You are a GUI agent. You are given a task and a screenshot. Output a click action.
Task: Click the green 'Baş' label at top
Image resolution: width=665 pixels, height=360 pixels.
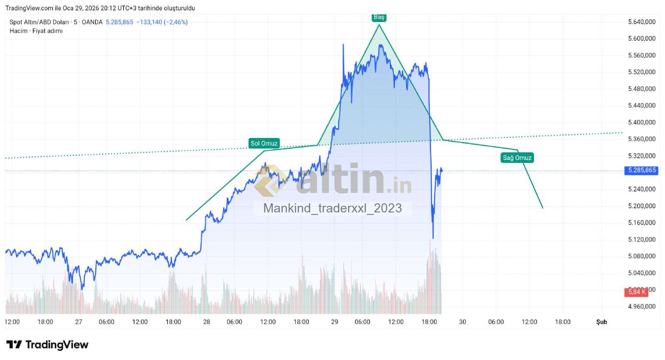pos(379,17)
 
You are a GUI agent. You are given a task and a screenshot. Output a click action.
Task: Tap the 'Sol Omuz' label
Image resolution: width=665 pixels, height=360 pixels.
pos(264,143)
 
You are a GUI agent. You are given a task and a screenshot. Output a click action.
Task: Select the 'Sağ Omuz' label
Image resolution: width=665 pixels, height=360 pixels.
pos(517,158)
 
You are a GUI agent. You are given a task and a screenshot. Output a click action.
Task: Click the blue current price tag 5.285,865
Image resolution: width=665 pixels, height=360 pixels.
pos(642,170)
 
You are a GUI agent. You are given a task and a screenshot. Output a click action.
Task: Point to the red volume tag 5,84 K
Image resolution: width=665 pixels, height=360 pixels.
pos(636,292)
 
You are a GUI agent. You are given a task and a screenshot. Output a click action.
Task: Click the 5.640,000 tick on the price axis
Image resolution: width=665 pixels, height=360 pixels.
pos(642,22)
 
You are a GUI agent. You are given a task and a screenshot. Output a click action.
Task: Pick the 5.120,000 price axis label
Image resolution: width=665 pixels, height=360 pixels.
pos(642,239)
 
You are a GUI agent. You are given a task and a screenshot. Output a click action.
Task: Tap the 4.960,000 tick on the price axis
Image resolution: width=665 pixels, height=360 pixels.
pos(642,306)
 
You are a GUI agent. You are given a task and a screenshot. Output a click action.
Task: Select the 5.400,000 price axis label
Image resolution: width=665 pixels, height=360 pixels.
pos(642,122)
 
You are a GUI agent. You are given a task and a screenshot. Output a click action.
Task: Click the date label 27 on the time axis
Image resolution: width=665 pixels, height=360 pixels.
pos(79,322)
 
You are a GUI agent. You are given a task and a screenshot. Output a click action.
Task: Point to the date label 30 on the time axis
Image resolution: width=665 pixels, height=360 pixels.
pos(463,322)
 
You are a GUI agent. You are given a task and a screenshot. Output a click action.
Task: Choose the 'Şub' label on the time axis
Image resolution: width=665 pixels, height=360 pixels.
pos(601,322)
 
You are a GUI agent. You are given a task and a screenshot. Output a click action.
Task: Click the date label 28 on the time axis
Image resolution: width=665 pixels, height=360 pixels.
pos(207,322)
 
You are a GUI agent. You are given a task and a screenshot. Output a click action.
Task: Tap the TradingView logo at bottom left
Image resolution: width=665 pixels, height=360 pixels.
pos(47,345)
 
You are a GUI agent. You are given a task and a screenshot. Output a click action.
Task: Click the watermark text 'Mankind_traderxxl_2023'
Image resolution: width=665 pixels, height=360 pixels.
pos(332,208)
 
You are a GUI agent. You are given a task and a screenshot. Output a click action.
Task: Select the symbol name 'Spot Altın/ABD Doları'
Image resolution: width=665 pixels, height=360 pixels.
pos(39,22)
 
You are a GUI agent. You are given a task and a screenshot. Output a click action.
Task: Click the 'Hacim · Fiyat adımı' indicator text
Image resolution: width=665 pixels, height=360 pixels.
pos(36,31)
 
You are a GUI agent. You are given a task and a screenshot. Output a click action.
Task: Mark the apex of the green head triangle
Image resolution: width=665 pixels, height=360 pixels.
pos(379,25)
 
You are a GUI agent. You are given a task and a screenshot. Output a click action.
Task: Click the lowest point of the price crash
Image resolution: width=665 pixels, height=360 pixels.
pos(433,238)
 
